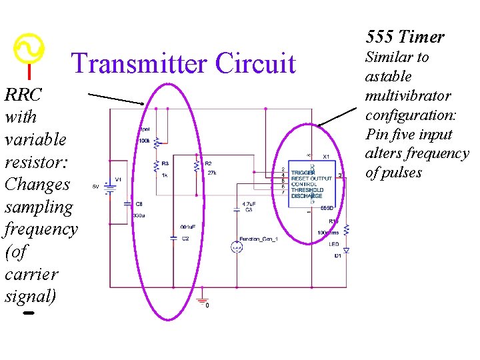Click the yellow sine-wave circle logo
tap(29, 48)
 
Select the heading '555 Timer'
tap(405, 37)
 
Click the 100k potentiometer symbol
tap(156, 142)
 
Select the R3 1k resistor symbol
tap(156, 165)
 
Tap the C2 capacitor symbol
tap(173, 234)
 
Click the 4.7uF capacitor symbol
tap(237, 210)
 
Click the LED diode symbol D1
tap(346, 250)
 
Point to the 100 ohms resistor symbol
tap(346, 229)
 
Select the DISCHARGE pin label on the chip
tap(307, 196)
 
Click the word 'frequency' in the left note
tap(41, 229)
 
